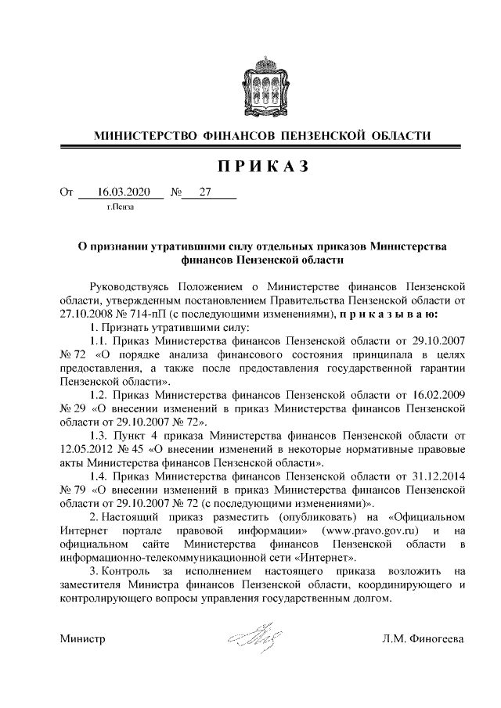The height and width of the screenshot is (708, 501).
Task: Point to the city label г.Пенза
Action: (121, 207)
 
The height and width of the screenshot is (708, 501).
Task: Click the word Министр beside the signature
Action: (83, 640)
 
